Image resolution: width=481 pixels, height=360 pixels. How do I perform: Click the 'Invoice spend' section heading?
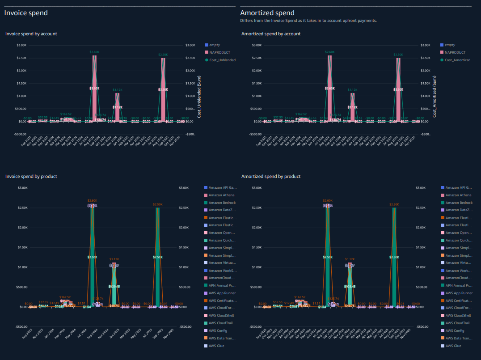click(x=26, y=13)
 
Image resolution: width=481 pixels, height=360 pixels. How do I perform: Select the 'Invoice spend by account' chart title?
click(x=31, y=34)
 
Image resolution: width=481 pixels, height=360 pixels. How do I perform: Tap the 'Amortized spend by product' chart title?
click(x=271, y=176)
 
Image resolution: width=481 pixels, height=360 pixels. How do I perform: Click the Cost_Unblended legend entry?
click(x=222, y=59)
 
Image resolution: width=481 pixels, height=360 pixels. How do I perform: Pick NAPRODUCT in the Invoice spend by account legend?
click(x=218, y=52)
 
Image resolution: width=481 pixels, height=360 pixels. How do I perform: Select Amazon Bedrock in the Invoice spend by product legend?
click(x=222, y=203)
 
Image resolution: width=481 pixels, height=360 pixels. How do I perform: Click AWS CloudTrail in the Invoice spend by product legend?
click(x=222, y=323)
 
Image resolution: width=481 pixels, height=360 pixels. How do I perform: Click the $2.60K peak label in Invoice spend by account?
click(x=94, y=52)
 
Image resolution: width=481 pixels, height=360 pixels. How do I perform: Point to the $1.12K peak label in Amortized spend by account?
click(x=353, y=89)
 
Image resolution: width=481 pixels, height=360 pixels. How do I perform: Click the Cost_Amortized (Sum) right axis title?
click(x=434, y=96)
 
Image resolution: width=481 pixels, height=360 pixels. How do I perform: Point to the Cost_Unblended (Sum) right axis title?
click(x=199, y=96)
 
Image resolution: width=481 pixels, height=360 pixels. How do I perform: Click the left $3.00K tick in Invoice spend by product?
click(x=21, y=188)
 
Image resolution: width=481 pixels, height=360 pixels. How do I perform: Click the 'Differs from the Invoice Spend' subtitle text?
click(x=308, y=21)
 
